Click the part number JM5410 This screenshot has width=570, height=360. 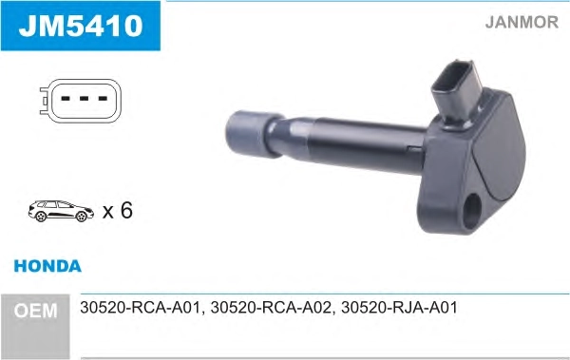pyautogui.click(x=81, y=26)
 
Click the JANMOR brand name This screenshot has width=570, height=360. pyautogui.click(x=522, y=22)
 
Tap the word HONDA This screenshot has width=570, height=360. pyautogui.click(x=47, y=266)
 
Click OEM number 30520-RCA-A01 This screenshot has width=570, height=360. pyautogui.click(x=140, y=308)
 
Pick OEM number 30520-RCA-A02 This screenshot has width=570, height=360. pyautogui.click(x=271, y=308)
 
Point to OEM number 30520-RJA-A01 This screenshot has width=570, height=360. pyautogui.click(x=399, y=308)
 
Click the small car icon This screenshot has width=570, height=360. pyautogui.click(x=61, y=211)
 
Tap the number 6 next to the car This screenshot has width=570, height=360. pyautogui.click(x=126, y=210)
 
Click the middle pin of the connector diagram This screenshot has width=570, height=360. pyautogui.click(x=84, y=98)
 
